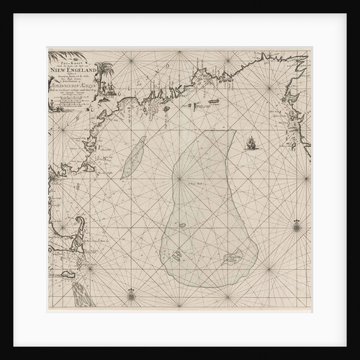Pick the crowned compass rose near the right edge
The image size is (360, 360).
coord(297,226)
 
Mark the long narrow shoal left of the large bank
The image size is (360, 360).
coord(133,158)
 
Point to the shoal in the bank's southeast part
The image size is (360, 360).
coord(232,256)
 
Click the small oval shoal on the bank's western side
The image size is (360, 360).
coord(183,225)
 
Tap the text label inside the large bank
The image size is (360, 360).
coord(195,184)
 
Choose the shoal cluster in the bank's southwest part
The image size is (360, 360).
coord(178,254)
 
